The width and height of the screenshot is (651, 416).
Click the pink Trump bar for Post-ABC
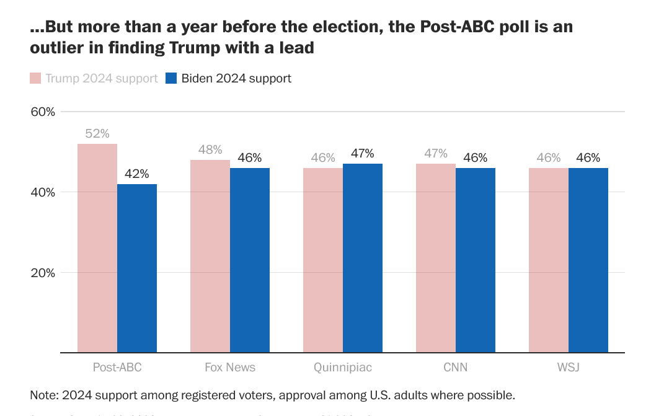97,248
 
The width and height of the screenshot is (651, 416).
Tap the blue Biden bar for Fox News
250,260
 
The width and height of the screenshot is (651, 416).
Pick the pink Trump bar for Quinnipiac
323,260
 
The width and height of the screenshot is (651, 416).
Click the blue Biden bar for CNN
476,260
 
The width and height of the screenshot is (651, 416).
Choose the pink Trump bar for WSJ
549,260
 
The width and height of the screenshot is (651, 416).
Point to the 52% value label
97,134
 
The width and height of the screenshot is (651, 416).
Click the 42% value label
137,174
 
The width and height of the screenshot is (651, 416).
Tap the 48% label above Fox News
210,150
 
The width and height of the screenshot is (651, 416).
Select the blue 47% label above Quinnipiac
363,154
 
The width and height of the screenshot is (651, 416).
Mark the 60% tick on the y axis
43,112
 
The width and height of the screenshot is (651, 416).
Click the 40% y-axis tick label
43,193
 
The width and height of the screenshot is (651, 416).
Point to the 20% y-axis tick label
43,273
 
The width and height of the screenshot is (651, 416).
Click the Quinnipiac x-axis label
343,368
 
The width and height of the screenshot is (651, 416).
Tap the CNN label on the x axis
456,368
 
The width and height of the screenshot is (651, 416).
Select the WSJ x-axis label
569,368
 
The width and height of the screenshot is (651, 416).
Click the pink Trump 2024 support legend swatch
35,78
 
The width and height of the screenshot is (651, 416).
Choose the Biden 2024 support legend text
236,78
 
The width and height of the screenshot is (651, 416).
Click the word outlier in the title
56,47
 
